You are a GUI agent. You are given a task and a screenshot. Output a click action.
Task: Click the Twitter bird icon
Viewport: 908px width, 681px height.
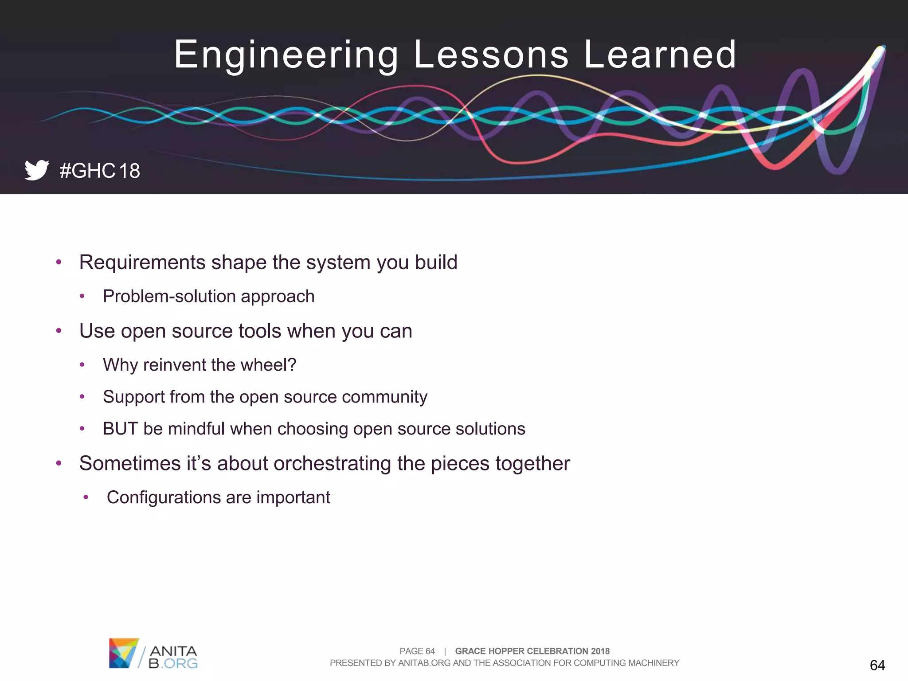(x=36, y=170)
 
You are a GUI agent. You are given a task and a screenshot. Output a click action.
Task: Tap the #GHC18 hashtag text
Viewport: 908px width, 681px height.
(x=100, y=171)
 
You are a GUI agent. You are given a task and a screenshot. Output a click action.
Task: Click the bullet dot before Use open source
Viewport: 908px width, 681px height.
(x=59, y=331)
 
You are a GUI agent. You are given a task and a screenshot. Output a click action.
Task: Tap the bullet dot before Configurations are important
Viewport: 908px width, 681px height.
(x=86, y=497)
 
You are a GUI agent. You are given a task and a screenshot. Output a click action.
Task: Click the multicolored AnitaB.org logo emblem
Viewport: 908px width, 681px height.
(x=123, y=653)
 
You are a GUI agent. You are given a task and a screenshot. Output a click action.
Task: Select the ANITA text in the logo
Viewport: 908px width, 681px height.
(x=173, y=651)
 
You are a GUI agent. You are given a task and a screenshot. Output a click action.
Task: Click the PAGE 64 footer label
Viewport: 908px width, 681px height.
(x=417, y=651)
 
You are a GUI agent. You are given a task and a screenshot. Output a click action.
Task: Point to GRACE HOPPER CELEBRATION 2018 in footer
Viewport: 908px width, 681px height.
(x=532, y=651)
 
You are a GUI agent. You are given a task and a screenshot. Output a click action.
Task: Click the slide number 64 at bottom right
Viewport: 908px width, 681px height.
(x=877, y=665)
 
